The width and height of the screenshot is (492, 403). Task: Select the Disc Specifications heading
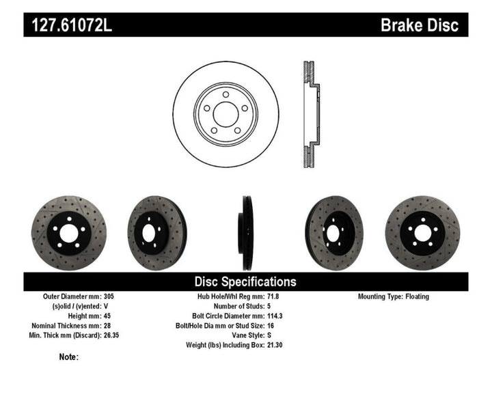pyautogui.click(x=245, y=281)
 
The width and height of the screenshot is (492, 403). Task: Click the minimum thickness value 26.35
pyautogui.click(x=113, y=335)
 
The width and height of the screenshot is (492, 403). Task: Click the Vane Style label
pyautogui.click(x=237, y=335)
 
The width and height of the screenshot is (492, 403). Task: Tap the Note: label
pyautogui.click(x=69, y=357)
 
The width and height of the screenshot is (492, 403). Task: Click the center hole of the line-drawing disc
pyautogui.click(x=225, y=113)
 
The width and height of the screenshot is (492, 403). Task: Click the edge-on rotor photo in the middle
pyautogui.click(x=246, y=233)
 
